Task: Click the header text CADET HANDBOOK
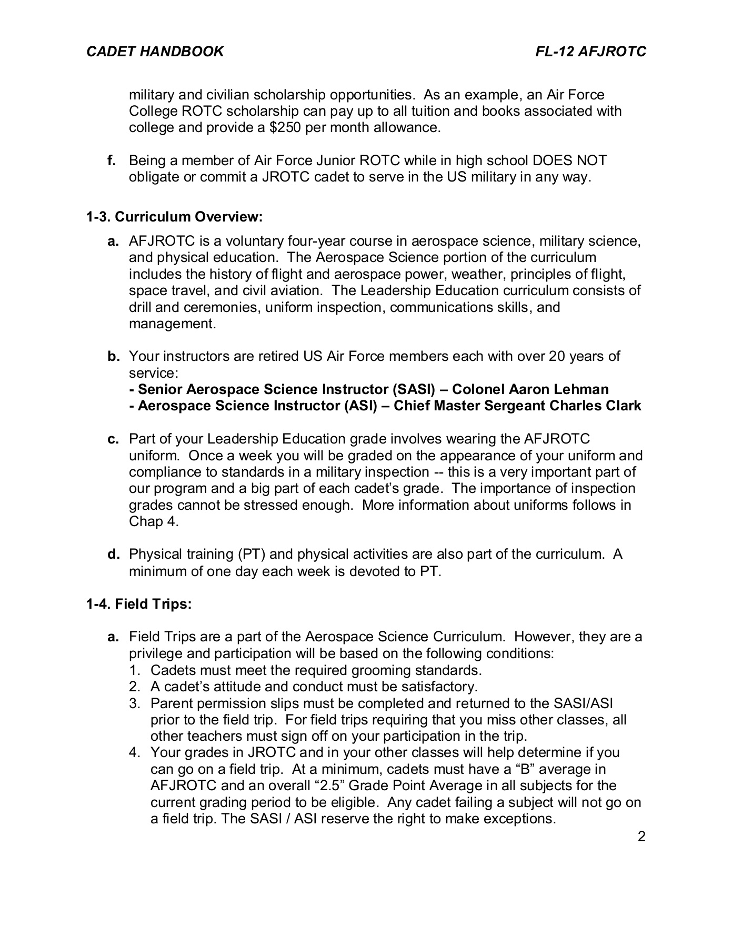[155, 52]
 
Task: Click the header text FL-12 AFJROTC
[590, 52]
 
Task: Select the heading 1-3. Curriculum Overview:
[174, 217]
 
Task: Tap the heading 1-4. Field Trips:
[139, 605]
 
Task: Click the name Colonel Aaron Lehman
[530, 389]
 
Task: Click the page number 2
[641, 837]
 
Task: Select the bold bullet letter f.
[112, 160]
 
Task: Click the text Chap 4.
[154, 522]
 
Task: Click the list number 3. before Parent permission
[135, 703]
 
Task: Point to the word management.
[172, 324]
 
